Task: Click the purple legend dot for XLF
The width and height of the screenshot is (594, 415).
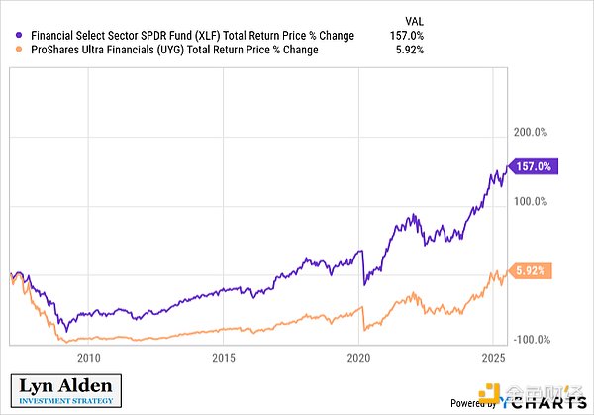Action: (x=9, y=36)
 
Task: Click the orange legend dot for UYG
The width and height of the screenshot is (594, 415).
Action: (x=9, y=50)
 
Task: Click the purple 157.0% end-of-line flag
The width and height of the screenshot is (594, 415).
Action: (x=533, y=167)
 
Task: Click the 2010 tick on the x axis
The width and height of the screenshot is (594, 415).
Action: (x=88, y=358)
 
